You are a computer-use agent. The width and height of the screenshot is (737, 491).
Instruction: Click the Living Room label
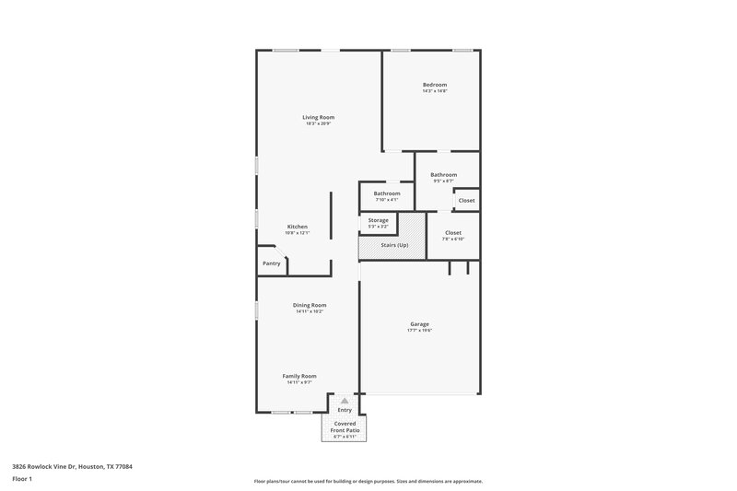pyautogui.click(x=319, y=117)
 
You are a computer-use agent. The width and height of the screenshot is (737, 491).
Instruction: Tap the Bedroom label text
pyautogui.click(x=435, y=85)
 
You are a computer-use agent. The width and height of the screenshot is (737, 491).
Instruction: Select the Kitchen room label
pyautogui.click(x=297, y=227)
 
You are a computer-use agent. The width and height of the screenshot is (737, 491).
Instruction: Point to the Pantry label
pyautogui.click(x=272, y=263)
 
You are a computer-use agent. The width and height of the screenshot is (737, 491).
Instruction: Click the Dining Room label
pyautogui.click(x=310, y=305)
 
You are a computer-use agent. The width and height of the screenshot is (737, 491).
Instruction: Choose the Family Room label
pyautogui.click(x=299, y=376)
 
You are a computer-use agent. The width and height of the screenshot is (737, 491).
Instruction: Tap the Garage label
pyautogui.click(x=420, y=323)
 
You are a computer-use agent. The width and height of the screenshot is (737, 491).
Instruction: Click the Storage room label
pyautogui.click(x=379, y=220)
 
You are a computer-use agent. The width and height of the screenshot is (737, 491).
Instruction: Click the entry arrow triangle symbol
pyautogui.click(x=345, y=401)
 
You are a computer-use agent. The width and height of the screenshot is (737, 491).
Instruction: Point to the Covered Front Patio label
pyautogui.click(x=345, y=427)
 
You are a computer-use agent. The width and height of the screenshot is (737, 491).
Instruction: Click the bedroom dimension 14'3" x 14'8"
pyautogui.click(x=435, y=91)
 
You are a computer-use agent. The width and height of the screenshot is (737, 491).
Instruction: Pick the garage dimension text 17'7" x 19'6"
pyautogui.click(x=420, y=331)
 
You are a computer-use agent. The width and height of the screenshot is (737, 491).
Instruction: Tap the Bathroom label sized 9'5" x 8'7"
pyautogui.click(x=443, y=174)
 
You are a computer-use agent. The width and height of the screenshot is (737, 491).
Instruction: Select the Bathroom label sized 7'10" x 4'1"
pyautogui.click(x=387, y=193)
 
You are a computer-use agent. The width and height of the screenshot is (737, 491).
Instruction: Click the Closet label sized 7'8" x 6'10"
pyautogui.click(x=453, y=233)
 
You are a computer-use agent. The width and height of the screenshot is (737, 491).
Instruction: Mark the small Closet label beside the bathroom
pyautogui.click(x=467, y=200)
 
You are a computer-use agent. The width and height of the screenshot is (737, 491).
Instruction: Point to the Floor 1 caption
pyautogui.click(x=22, y=480)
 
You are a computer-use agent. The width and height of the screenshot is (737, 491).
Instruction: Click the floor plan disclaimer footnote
pyautogui.click(x=368, y=481)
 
